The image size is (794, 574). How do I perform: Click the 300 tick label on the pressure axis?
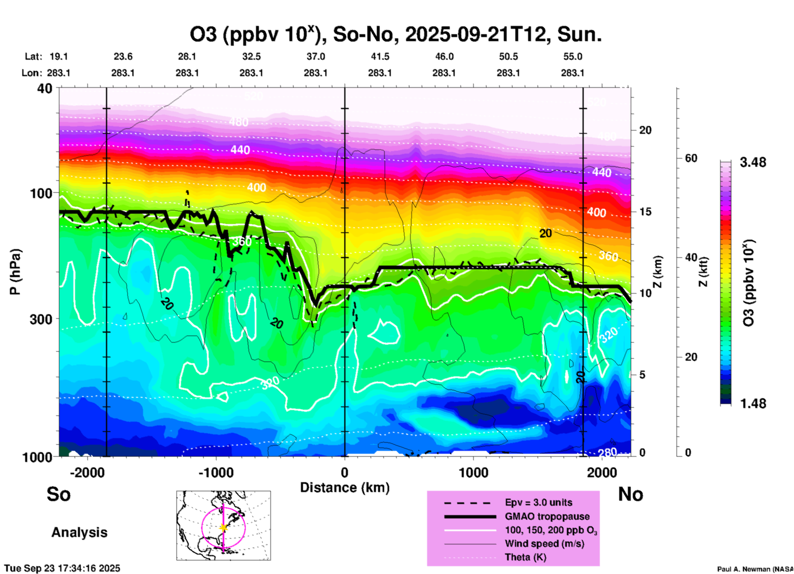[x=41, y=319]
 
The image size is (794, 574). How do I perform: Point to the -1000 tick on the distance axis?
[x=216, y=472]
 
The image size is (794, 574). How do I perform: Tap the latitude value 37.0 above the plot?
[x=315, y=56]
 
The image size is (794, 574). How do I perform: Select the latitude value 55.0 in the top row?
[x=573, y=56]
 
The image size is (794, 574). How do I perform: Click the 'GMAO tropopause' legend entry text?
[x=547, y=516]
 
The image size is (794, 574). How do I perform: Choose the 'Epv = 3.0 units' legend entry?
[x=538, y=502]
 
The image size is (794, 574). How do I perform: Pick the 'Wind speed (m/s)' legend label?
[x=544, y=544]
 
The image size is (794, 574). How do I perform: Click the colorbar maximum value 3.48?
[x=753, y=162]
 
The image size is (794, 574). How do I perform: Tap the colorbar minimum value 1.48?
[x=753, y=403]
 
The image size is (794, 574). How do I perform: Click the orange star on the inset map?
[x=223, y=527]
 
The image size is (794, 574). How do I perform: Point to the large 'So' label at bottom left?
[x=59, y=494]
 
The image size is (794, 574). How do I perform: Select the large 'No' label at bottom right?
[x=630, y=494]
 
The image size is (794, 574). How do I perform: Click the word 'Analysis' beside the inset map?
[x=79, y=532]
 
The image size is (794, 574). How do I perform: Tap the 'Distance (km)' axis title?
[x=345, y=488]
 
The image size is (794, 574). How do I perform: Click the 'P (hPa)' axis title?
[x=15, y=272]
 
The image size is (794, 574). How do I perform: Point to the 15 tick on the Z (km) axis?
[x=645, y=212]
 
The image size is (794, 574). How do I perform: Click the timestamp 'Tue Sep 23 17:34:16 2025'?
[x=62, y=568]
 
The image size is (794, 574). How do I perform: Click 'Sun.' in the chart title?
[x=579, y=35]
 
